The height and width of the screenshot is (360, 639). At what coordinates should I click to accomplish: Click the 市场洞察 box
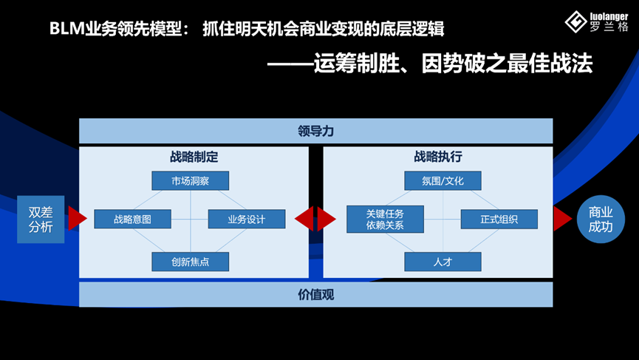[x=190, y=181]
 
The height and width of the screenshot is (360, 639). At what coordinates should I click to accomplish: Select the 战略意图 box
[x=132, y=220]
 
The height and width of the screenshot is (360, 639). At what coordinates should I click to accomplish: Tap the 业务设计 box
[x=246, y=220]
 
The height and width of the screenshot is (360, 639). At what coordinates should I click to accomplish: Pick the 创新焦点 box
[x=190, y=262]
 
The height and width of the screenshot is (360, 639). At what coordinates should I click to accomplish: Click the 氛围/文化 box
[x=442, y=181]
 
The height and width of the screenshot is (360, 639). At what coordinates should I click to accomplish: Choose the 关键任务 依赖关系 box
[x=385, y=220]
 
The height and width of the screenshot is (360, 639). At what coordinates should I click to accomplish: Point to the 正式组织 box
[x=499, y=220]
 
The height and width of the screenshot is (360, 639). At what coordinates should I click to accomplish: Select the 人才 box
[x=442, y=262]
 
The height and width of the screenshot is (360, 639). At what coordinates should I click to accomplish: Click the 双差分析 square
[x=41, y=220]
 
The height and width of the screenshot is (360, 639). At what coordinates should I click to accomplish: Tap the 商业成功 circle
[x=601, y=220]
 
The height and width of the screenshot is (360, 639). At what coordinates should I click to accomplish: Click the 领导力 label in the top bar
[x=315, y=132]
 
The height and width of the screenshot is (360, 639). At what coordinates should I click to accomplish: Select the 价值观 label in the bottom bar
[x=315, y=295]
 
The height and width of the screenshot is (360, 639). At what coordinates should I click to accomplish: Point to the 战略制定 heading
[x=194, y=157]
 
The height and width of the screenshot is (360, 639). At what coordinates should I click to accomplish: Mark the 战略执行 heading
[x=438, y=157]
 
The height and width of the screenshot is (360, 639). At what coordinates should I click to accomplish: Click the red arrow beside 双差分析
[x=77, y=219]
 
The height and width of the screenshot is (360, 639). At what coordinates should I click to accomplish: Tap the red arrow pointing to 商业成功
[x=562, y=219]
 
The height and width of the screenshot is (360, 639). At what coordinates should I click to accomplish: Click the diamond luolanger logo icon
[x=575, y=22]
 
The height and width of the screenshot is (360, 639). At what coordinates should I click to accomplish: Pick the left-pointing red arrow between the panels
[x=304, y=219]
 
